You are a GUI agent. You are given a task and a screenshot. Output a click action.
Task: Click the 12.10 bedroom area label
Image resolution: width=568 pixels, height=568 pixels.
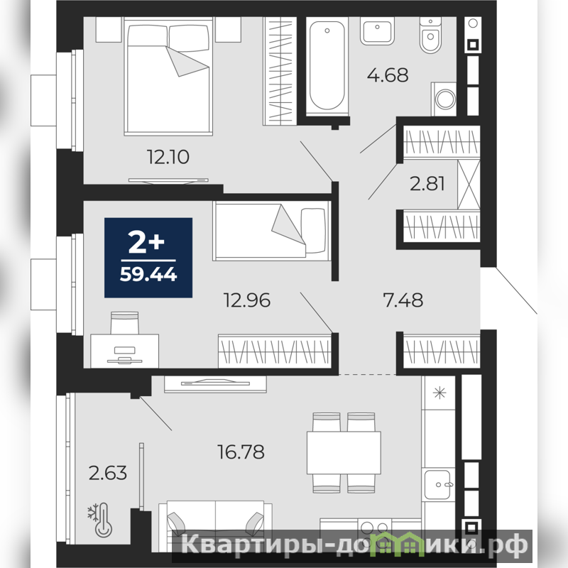click(x=168, y=157)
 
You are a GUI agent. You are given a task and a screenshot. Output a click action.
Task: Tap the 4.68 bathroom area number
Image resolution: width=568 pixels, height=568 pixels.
click(x=388, y=75)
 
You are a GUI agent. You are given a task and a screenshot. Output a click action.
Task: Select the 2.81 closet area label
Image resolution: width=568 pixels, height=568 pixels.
click(x=427, y=183)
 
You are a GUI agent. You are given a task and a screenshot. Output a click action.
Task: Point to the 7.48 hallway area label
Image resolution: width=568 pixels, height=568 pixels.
click(x=403, y=300)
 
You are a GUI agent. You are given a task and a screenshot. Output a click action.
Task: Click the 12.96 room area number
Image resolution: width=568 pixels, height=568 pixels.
click(x=247, y=300)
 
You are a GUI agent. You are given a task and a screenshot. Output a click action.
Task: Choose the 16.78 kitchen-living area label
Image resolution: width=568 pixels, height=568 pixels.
click(x=241, y=452)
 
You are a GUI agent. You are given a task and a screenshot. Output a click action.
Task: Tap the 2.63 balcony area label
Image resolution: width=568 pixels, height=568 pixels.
click(x=108, y=473)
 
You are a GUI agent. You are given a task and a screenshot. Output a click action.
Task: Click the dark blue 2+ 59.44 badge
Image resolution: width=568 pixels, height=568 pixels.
click(x=148, y=258)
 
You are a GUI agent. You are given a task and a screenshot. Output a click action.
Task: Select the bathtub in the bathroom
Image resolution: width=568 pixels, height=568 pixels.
click(x=327, y=67)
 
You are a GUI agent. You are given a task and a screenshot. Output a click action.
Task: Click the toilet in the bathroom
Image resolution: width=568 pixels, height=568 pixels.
click(x=431, y=35)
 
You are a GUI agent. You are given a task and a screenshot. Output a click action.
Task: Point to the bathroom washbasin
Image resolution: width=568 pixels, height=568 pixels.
click(x=377, y=31)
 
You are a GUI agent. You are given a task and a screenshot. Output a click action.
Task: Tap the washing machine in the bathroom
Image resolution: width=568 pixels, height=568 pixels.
click(x=444, y=99)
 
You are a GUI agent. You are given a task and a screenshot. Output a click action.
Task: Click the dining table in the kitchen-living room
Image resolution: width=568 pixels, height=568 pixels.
click(x=344, y=452)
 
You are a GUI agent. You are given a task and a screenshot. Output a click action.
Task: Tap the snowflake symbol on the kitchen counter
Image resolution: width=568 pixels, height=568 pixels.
click(x=439, y=393)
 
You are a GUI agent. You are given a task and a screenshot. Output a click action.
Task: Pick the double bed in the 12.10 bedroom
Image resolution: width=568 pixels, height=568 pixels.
click(x=168, y=76)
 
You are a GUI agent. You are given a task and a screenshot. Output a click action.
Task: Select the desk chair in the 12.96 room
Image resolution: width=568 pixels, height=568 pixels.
click(x=125, y=323)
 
